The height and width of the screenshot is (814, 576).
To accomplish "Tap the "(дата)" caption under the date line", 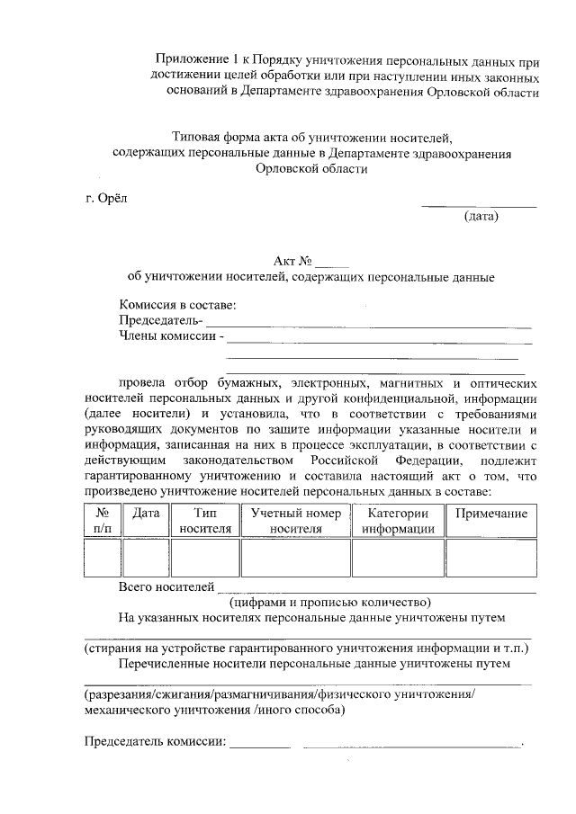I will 481,217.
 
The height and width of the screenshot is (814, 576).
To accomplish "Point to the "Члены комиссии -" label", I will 171,337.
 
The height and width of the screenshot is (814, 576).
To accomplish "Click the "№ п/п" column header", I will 102,521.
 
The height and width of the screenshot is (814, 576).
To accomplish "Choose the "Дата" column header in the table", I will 146,514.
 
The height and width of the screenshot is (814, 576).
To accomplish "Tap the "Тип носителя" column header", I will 205,521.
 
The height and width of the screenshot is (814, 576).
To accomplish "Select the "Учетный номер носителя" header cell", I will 296,521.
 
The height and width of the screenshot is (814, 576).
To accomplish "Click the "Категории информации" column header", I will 399,521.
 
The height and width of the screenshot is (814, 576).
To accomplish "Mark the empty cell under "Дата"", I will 146,558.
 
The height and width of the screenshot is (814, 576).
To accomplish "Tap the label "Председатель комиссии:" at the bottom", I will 154,742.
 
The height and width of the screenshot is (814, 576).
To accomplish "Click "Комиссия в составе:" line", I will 177,305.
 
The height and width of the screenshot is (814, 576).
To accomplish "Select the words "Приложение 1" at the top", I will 201,59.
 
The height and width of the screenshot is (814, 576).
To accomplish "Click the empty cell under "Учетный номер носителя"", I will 296,558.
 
